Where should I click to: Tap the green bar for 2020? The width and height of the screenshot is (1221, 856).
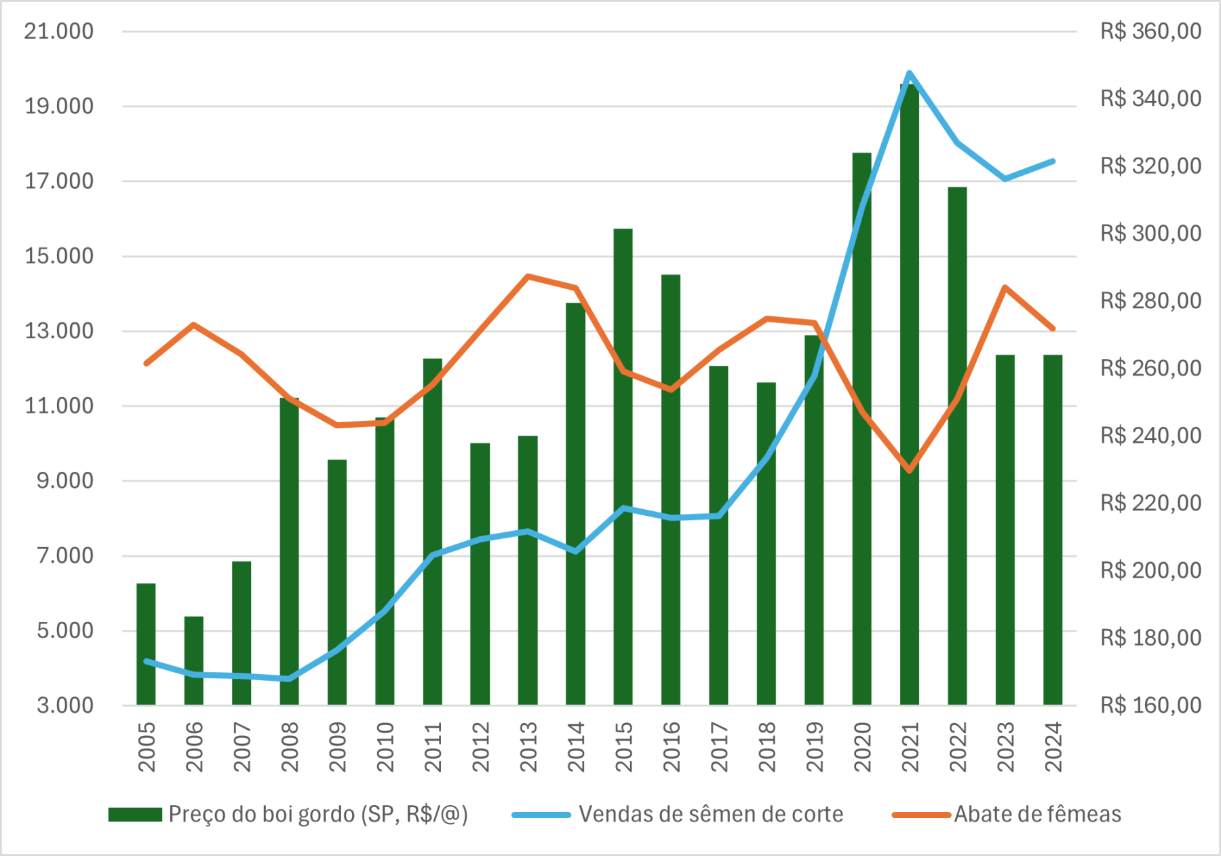861,428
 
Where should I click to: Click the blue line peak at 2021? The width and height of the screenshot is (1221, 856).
909,73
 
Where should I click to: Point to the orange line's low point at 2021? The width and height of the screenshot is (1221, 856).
910,470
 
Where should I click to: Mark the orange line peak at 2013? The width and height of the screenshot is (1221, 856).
528,276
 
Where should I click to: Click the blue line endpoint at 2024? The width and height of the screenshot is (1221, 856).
1052,162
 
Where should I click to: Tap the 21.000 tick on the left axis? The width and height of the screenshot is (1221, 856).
59,31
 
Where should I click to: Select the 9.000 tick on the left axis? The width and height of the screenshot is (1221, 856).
65,481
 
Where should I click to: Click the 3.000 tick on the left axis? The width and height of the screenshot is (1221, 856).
65,705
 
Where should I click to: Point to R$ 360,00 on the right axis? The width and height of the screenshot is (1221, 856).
1150,31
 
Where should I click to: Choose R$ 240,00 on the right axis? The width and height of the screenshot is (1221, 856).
1150,435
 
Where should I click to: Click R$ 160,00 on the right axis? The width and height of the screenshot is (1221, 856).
1150,705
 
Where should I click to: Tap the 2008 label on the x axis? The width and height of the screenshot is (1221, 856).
290,747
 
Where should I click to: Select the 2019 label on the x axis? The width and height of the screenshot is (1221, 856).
814,747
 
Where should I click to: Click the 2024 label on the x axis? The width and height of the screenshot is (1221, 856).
1053,747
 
